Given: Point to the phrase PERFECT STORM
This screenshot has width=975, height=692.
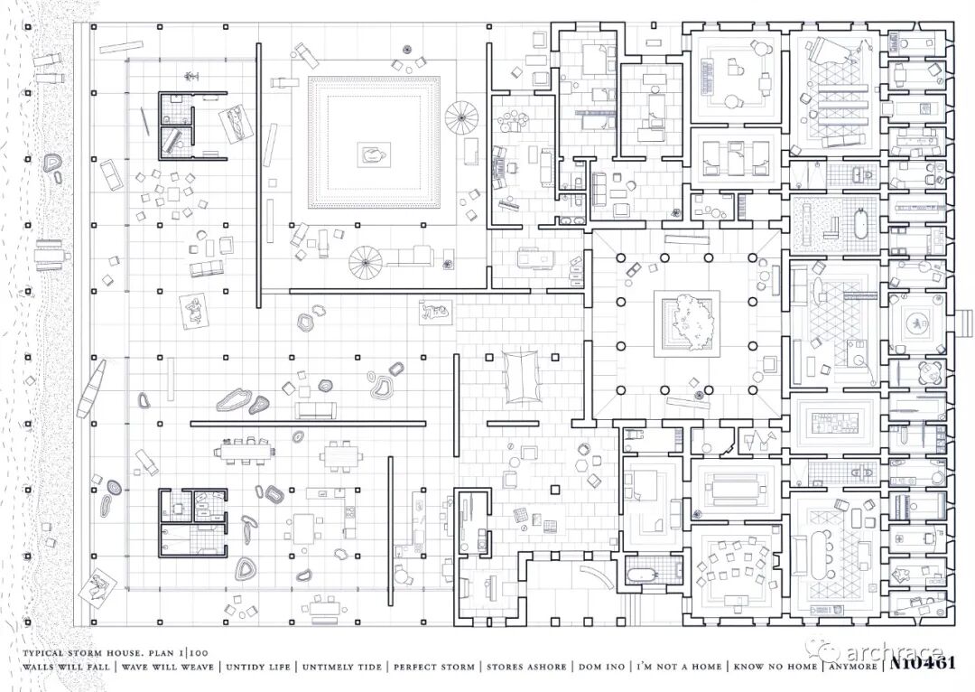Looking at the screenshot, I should (x=433, y=668).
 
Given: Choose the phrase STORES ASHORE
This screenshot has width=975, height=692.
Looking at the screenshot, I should (x=526, y=668).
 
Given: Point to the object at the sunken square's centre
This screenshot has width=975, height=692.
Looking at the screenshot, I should (x=371, y=154).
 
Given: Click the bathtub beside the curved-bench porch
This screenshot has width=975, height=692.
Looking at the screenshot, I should (x=643, y=573).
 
